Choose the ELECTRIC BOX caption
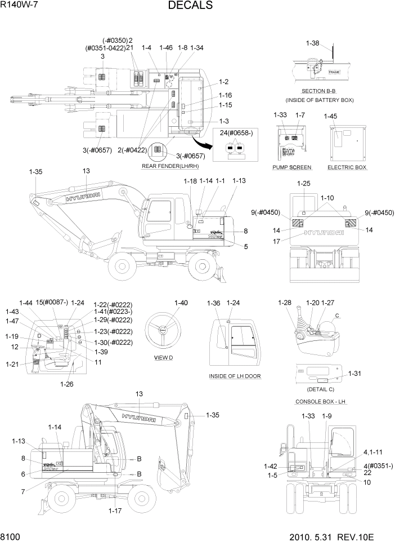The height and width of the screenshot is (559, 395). (x=347, y=167)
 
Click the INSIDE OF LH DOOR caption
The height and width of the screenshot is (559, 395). (x=235, y=376)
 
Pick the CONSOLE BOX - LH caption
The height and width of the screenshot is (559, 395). (x=319, y=401)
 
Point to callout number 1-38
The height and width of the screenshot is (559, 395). (x=312, y=43)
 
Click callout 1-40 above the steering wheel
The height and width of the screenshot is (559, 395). (x=181, y=303)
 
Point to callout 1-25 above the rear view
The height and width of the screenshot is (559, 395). (x=303, y=184)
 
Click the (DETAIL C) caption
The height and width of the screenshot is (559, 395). (x=320, y=389)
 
